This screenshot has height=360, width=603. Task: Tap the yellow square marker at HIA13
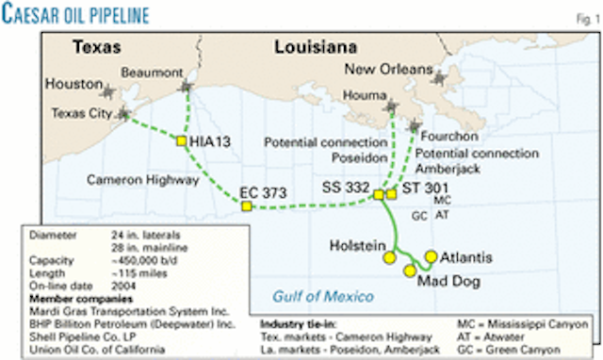point(180,141)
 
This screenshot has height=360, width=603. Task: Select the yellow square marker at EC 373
point(246,206)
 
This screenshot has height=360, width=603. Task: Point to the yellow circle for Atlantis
point(431,256)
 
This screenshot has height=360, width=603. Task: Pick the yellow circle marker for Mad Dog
point(410,271)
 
